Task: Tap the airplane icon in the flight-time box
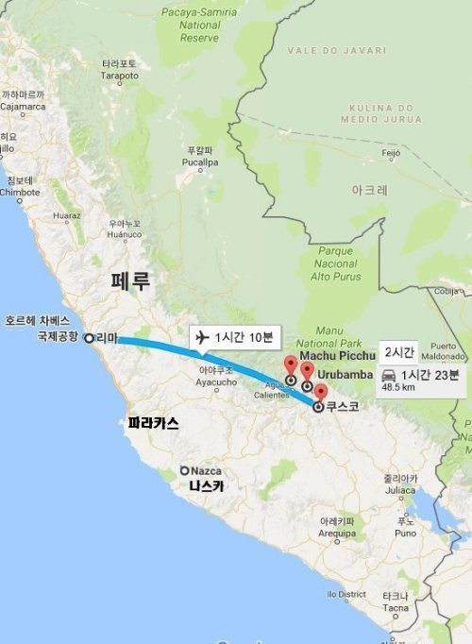tap(200, 337)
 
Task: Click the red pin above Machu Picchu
tap(291, 366)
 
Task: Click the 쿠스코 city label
tap(341, 408)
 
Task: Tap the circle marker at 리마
tap(89, 337)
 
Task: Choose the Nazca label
tap(205, 470)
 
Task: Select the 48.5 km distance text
tap(399, 387)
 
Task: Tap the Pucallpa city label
tap(200, 157)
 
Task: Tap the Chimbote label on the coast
tap(20, 186)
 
